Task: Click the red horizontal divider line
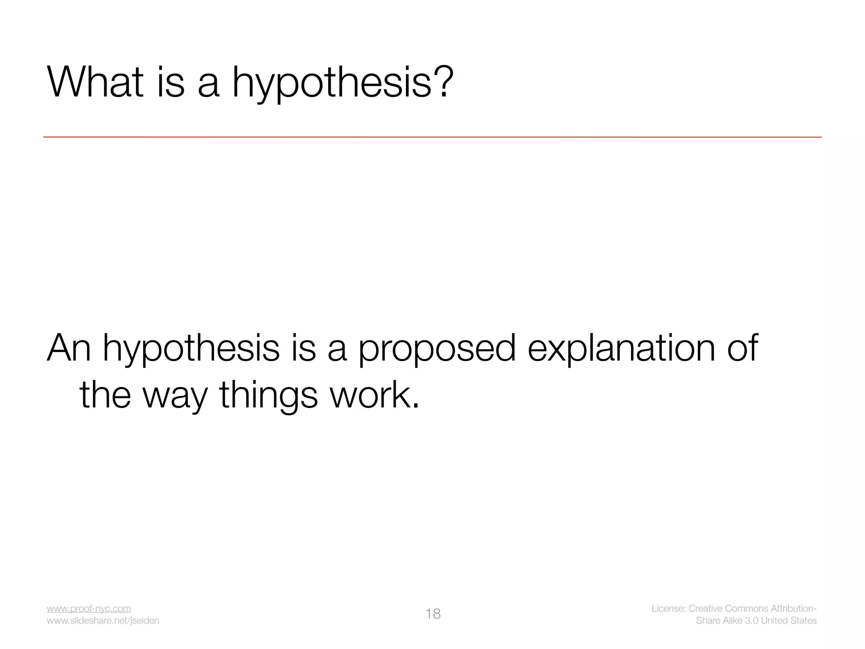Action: coord(432,137)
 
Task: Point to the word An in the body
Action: coord(69,348)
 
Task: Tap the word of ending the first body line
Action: coord(743,348)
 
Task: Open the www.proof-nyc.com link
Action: coord(89,608)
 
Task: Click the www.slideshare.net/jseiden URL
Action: coord(103,621)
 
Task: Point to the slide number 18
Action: coord(433,614)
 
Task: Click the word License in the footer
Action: coord(668,608)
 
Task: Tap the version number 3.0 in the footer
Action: coord(751,621)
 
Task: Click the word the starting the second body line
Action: coord(105,395)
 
